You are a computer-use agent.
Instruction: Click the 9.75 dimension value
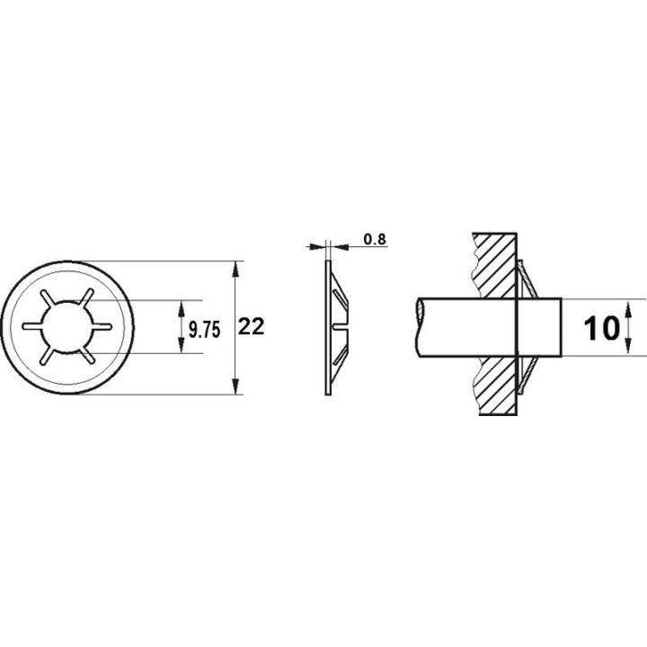click(203, 329)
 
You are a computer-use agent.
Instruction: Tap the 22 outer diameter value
click(251, 328)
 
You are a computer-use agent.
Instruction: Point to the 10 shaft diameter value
click(600, 329)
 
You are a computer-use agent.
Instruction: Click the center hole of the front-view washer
click(68, 328)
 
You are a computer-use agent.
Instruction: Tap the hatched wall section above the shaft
click(493, 265)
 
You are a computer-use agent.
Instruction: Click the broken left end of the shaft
click(420, 328)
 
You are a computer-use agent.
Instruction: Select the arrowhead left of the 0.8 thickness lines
click(315, 244)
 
